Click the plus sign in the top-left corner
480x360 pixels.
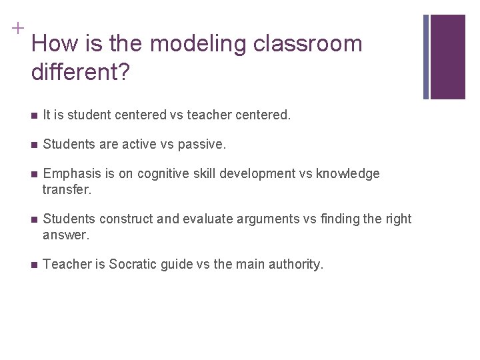coord(16,28)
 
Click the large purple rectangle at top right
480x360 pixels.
coord(447,57)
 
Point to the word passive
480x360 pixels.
coord(203,145)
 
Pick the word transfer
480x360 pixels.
coord(65,189)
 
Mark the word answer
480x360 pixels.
coord(65,235)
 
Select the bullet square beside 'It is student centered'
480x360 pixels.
coord(33,115)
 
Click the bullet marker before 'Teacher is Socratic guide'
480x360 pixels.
coord(33,265)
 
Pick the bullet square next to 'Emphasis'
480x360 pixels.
coord(33,175)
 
